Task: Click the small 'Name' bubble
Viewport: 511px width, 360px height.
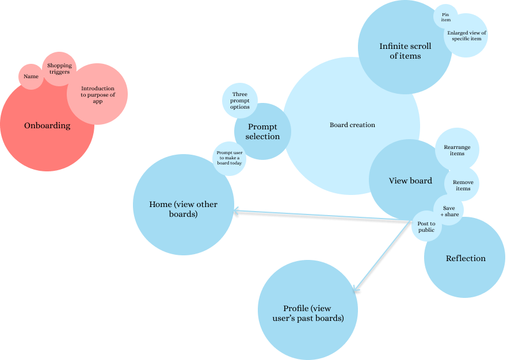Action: coord(31,76)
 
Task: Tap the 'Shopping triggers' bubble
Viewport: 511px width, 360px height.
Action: coord(59,69)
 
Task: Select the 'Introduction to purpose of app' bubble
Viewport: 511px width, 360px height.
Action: coord(97,94)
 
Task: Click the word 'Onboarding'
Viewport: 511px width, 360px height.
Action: coord(47,125)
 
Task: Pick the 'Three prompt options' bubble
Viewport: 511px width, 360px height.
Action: coord(240,101)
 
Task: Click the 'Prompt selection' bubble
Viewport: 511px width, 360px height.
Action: coord(262,132)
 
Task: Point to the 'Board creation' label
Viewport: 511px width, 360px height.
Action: coord(352,125)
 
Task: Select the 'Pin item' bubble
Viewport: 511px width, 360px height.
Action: coord(445,17)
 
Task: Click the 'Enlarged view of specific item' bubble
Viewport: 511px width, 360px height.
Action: coord(466,36)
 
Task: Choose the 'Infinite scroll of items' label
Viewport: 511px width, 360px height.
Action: coord(405,51)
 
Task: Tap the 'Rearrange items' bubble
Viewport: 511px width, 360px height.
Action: coord(457,150)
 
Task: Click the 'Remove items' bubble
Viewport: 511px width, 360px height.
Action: coord(463,185)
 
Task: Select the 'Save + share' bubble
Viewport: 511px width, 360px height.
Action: coord(449,211)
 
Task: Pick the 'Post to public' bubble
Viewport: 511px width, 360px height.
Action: coord(426,227)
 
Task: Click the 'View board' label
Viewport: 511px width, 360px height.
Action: coord(410,181)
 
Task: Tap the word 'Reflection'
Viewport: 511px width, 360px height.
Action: coord(466,258)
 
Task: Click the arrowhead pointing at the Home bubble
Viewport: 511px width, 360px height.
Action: coord(237,213)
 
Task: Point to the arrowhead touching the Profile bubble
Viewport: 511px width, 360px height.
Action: coord(357,290)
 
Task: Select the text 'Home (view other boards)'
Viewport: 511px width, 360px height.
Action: coord(183,209)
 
